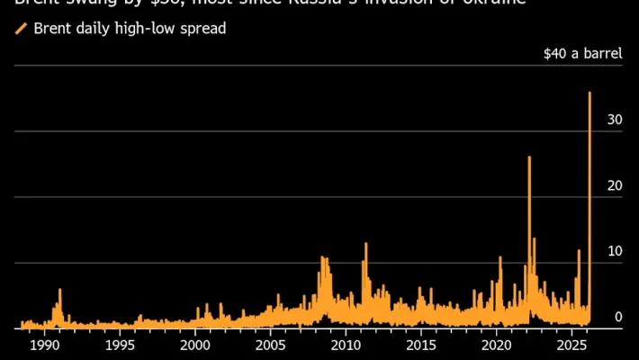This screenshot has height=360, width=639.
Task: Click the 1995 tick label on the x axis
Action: pyautogui.click(x=121, y=346)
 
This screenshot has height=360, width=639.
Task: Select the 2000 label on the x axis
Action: pyautogui.click(x=196, y=346)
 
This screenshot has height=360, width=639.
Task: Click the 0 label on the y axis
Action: pyautogui.click(x=618, y=317)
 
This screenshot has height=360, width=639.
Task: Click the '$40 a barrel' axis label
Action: pyautogui.click(x=582, y=53)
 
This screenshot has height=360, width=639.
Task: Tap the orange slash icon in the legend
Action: pyautogui.click(x=22, y=29)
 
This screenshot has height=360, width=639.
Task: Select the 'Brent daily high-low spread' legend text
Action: pyautogui.click(x=130, y=29)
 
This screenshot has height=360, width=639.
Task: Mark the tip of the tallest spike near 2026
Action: pyautogui.click(x=589, y=92)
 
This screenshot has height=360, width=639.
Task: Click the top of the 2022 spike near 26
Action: pyautogui.click(x=529, y=157)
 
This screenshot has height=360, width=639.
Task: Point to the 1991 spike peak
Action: pyautogui.click(x=60, y=290)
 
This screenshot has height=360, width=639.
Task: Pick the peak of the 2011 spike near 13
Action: pyautogui.click(x=366, y=243)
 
